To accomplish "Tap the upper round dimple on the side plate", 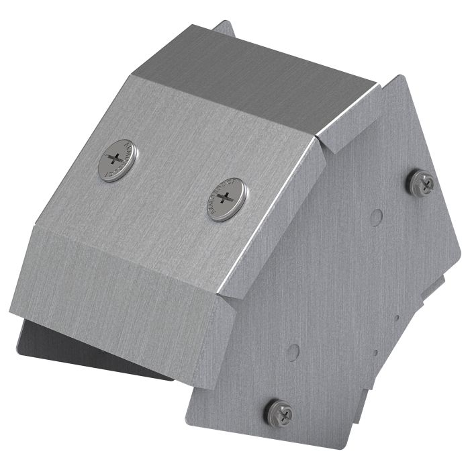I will [377, 216].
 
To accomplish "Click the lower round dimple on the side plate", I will [293, 350].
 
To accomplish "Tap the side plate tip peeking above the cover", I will [225, 30].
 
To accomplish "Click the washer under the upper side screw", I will [416, 189].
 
